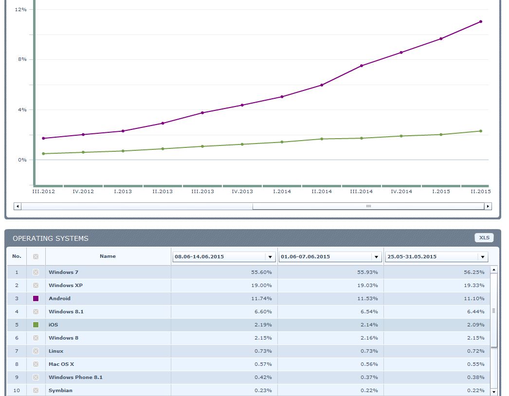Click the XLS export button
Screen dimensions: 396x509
484,237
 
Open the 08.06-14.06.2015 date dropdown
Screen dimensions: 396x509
270,256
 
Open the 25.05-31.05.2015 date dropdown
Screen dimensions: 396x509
482,256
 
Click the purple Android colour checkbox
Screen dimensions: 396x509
36,298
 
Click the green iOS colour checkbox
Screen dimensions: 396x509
36,324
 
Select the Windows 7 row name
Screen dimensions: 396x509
63,272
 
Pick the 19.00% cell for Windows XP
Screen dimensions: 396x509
261,285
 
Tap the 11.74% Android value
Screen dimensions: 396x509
261,298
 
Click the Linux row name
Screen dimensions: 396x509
56,351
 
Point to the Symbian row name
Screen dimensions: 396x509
60,390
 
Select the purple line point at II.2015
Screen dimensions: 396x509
481,21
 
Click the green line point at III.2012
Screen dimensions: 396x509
43,154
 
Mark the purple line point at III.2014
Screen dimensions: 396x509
362,66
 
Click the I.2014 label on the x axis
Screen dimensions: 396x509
282,191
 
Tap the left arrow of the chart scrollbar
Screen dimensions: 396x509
18,206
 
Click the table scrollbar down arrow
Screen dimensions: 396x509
494,391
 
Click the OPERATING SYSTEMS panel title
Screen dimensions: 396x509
51,238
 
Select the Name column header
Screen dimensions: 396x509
108,256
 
